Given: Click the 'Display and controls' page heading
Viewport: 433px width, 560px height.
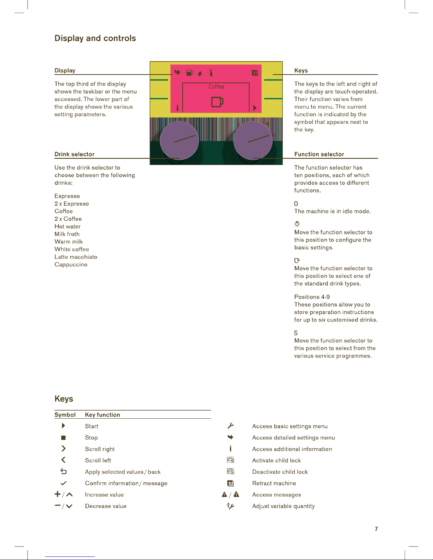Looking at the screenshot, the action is tap(95, 38).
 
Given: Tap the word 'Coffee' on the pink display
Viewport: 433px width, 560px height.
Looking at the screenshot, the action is tap(216, 87).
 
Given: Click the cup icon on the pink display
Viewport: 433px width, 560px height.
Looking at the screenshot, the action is tap(217, 102).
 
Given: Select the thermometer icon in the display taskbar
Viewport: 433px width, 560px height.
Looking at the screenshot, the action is tap(211, 73).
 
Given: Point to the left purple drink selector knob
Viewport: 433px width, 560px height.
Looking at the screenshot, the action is tap(179, 141).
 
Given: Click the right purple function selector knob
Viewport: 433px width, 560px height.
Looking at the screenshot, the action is tap(253, 141).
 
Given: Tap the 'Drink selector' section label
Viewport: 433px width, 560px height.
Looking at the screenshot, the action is tap(75, 154).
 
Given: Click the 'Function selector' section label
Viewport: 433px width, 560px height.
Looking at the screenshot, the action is tap(319, 154).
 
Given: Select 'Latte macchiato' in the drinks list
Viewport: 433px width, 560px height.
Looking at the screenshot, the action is tap(76, 257).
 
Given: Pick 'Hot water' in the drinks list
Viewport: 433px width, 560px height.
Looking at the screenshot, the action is tap(68, 226).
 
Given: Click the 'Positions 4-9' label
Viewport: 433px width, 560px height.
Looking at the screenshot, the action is tap(312, 297).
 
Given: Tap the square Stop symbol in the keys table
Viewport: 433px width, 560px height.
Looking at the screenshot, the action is tap(63, 438).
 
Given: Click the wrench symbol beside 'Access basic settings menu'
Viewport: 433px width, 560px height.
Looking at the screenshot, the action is tap(231, 426).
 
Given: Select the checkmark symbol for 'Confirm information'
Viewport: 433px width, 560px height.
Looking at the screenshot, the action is tap(64, 483).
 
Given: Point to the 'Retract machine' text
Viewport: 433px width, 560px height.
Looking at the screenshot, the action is tap(274, 483).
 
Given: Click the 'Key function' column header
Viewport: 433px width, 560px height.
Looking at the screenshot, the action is tap(103, 415).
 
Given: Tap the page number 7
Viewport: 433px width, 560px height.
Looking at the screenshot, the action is tap(376, 529).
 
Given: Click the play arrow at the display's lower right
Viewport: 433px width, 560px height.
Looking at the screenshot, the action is tap(255, 108).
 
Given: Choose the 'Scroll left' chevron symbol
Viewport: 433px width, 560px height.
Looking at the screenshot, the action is tap(63, 460).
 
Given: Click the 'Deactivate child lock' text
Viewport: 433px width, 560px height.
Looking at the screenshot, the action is tap(280, 472).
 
